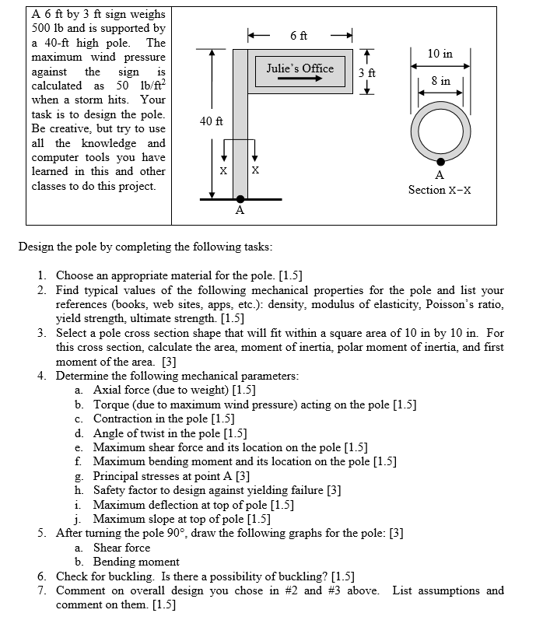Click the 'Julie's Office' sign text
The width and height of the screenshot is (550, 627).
[300, 68]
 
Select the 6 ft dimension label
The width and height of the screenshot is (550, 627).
[299, 36]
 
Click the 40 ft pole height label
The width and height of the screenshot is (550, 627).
[212, 121]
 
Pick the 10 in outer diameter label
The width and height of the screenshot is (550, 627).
[440, 54]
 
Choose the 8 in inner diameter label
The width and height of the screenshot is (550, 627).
[440, 81]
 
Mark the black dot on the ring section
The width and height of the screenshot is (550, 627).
[441, 161]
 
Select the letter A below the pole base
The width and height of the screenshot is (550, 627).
[240, 210]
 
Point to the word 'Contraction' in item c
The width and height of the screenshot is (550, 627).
[124, 419]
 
